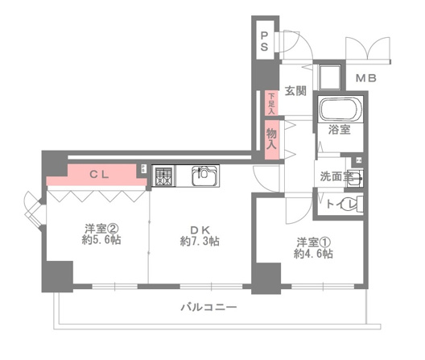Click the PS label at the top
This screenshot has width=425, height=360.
(x=264, y=42)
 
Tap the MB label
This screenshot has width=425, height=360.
(x=366, y=78)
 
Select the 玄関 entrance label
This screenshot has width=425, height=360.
(x=295, y=91)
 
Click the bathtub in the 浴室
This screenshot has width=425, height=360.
(x=340, y=110)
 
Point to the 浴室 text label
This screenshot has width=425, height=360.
(x=340, y=130)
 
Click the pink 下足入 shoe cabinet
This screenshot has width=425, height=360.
(x=271, y=103)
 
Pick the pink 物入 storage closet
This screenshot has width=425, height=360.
(x=271, y=139)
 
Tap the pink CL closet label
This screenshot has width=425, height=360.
(x=99, y=175)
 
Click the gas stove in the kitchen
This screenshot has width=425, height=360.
(x=163, y=176)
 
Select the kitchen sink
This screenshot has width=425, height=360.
(x=205, y=176)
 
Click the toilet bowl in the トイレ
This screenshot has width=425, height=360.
(x=353, y=204)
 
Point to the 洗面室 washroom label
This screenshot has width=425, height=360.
(x=337, y=176)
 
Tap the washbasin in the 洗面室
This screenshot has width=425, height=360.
(x=355, y=178)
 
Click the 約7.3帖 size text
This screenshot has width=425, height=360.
(x=200, y=241)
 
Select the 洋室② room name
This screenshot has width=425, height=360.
(x=101, y=229)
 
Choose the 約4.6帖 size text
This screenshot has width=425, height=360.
(x=313, y=254)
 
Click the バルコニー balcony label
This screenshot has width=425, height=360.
(x=208, y=308)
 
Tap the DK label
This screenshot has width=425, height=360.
(x=200, y=230)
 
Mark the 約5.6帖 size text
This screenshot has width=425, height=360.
(x=101, y=240)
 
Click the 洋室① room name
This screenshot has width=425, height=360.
(x=313, y=242)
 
